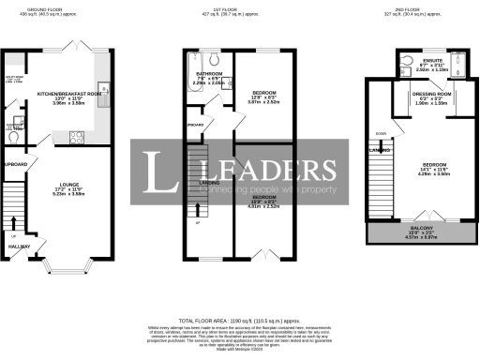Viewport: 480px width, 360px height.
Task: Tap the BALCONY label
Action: pos(420,228)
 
